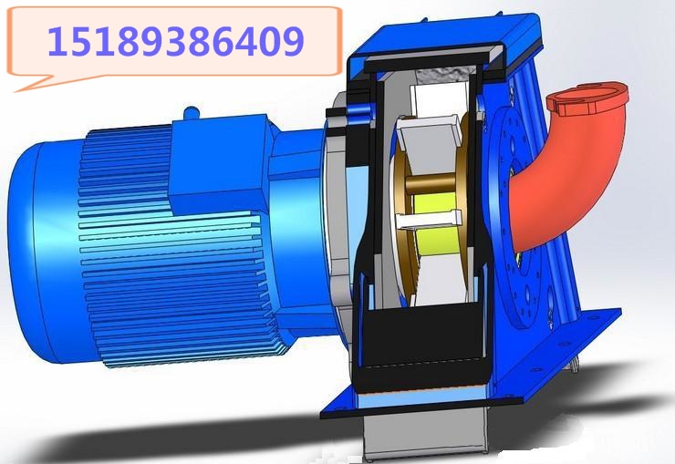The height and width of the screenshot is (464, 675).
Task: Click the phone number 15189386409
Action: tap(176, 41)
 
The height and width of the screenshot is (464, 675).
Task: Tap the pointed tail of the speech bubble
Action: tap(16, 91)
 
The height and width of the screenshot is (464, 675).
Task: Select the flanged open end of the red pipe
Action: tap(587, 100)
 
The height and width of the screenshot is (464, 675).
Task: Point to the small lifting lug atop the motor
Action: tap(192, 113)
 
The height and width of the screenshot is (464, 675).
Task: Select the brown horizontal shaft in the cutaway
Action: tap(431, 183)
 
